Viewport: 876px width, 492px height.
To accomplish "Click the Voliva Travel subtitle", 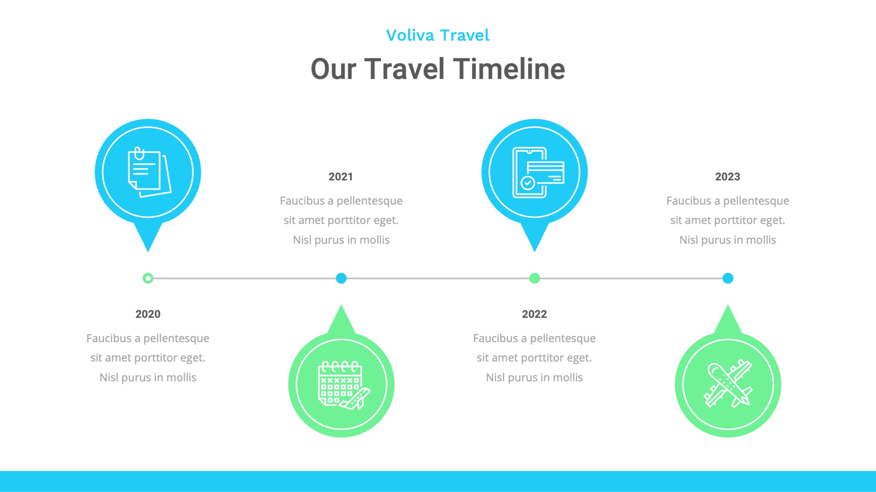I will pos(438,36).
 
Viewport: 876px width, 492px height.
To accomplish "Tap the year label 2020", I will pos(148,314).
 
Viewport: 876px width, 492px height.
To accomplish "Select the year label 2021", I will pos(341,176).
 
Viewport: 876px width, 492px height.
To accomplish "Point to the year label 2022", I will pos(534,314).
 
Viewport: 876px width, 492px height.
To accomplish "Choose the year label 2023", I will pos(727,176).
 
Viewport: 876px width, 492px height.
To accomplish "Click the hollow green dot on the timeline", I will pos(148,278).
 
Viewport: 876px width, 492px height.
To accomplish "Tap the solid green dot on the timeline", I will pos(535,278).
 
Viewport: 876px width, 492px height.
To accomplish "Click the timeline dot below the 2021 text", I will pos(341,278).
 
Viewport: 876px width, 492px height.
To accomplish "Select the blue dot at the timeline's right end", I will pos(728,278).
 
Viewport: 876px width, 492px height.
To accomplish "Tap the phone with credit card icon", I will pos(538,172).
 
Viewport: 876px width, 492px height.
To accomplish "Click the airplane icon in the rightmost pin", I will pos(728,384).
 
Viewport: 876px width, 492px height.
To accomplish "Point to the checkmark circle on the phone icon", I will pos(528,183).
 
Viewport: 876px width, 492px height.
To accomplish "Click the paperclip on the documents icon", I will pos(139,153).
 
